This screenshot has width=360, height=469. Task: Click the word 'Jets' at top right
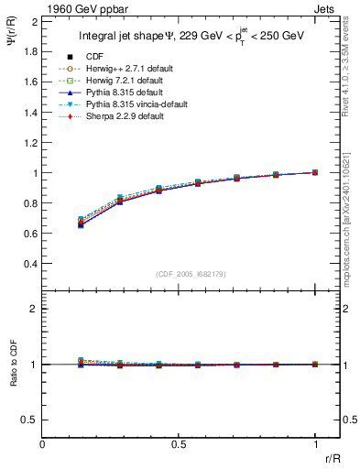click(x=326, y=8)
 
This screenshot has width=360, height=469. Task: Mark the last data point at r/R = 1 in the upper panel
click(x=315, y=172)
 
